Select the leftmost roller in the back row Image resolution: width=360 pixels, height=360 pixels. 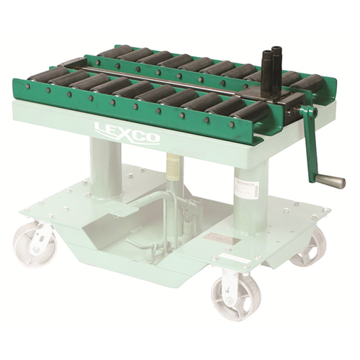115,52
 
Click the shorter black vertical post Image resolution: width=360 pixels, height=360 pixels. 266,75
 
